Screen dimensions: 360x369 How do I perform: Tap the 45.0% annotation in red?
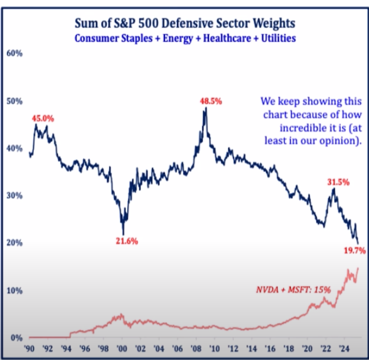[x=43, y=118]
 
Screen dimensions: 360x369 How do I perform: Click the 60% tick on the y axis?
[x=14, y=53]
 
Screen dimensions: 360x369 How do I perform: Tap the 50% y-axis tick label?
[x=14, y=101]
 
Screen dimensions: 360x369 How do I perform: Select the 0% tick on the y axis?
[x=16, y=337]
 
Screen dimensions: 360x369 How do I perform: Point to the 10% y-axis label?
[x=14, y=290]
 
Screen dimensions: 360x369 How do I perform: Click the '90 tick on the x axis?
[x=29, y=350]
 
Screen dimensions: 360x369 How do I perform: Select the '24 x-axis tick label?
[x=346, y=350]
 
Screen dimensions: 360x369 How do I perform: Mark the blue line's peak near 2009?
[x=206, y=108]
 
